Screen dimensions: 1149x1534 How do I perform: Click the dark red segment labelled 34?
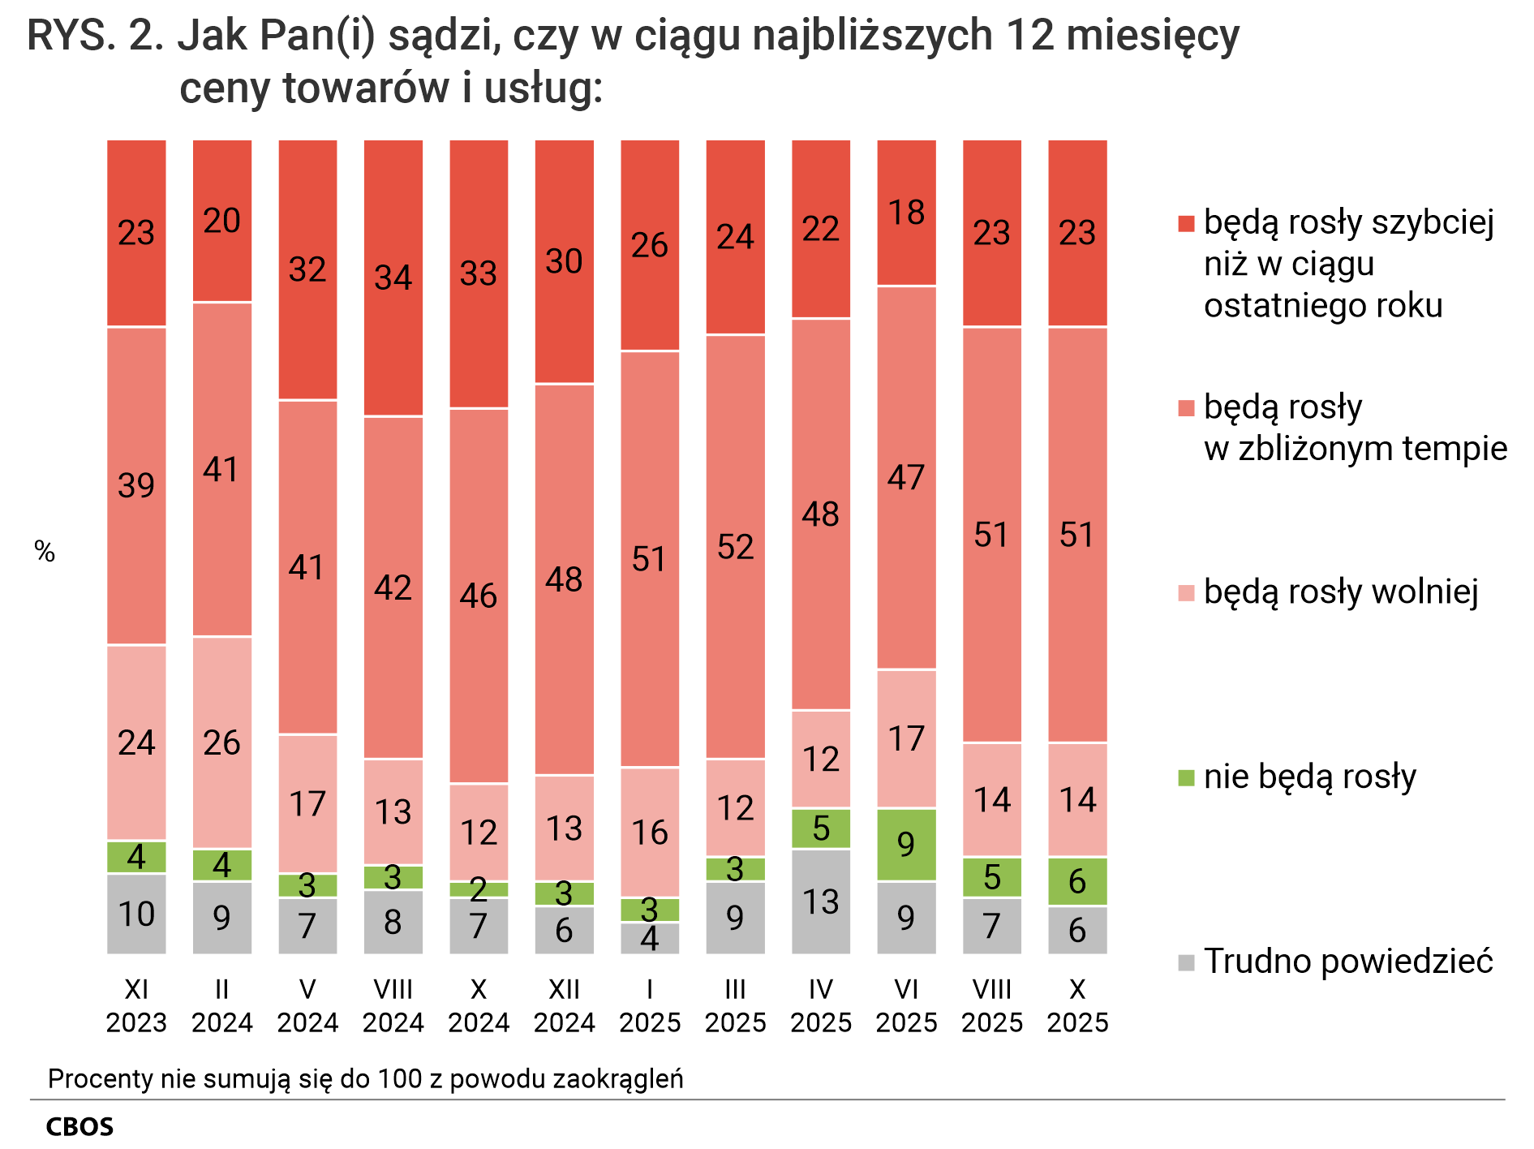(x=393, y=278)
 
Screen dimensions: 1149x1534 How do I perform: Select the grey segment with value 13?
(x=820, y=902)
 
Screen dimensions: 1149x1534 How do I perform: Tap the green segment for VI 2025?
(x=906, y=845)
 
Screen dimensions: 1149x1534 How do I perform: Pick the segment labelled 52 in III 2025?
(x=735, y=546)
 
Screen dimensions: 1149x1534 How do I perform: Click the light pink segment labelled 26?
(x=221, y=742)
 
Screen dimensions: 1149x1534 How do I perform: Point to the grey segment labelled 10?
(x=136, y=914)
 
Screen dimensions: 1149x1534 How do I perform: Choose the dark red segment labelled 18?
(x=906, y=213)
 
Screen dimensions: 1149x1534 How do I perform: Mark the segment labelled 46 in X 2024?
(x=479, y=596)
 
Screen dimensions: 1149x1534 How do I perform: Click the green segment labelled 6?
(x=1077, y=881)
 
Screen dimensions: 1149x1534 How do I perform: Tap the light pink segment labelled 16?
(x=649, y=832)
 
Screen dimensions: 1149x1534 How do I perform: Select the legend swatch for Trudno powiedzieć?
(x=1186, y=962)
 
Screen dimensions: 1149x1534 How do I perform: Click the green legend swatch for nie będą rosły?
(x=1186, y=777)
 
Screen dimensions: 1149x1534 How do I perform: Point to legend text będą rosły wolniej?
(x=1340, y=592)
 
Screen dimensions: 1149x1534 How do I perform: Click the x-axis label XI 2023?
(x=136, y=1005)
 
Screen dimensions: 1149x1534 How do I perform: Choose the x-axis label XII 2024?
(x=564, y=1005)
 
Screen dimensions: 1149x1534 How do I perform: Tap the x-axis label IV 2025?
(x=820, y=1005)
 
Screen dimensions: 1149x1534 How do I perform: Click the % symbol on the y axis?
(x=45, y=552)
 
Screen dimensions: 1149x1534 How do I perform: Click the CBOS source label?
(x=79, y=1127)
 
